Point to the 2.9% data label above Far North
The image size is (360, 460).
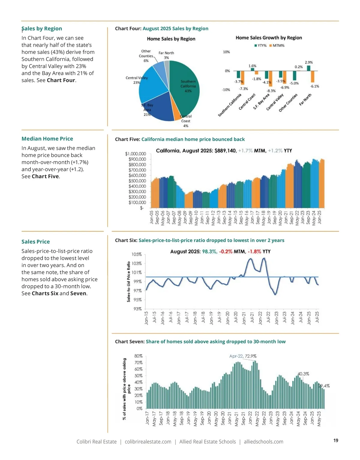point(309,62)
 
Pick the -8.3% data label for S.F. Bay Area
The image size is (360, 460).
point(271,91)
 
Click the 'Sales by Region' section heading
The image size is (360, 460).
point(42,28)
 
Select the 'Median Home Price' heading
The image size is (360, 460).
point(47,139)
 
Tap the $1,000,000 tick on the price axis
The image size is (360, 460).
point(135,154)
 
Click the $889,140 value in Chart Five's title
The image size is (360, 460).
point(225,151)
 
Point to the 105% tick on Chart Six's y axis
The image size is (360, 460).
point(136,254)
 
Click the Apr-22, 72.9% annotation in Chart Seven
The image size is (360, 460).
point(243,356)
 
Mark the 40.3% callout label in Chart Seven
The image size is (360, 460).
point(303,374)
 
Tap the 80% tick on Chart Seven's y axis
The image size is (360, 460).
point(138,356)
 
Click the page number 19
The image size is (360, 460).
point(336,440)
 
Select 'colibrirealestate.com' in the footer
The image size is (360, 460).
point(148,442)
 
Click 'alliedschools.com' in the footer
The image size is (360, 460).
point(263,442)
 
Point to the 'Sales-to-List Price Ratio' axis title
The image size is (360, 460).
point(129,281)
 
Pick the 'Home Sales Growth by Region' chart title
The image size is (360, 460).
point(269,38)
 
